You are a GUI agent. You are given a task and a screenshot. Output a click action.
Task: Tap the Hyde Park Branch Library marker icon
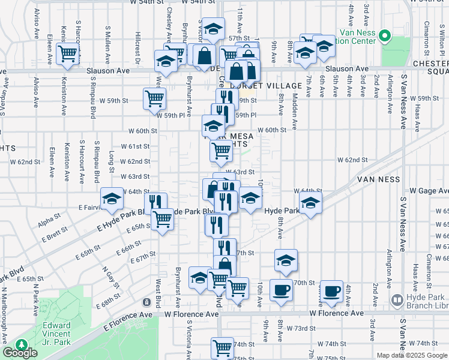[396, 299]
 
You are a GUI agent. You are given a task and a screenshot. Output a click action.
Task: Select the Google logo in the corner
[19, 353]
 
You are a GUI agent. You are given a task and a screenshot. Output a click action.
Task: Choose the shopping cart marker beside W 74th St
[222, 346]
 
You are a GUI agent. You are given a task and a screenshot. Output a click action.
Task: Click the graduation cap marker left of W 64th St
[112, 199]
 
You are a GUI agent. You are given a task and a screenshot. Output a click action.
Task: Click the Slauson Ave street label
[109, 70]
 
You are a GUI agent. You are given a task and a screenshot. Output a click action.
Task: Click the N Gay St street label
[109, 277]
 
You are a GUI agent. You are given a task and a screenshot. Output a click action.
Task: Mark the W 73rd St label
[300, 328]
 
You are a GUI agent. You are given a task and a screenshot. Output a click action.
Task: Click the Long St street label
[112, 162]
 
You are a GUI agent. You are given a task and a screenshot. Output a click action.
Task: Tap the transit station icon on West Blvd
[147, 301]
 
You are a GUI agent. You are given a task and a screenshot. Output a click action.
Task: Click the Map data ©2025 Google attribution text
[412, 355]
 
